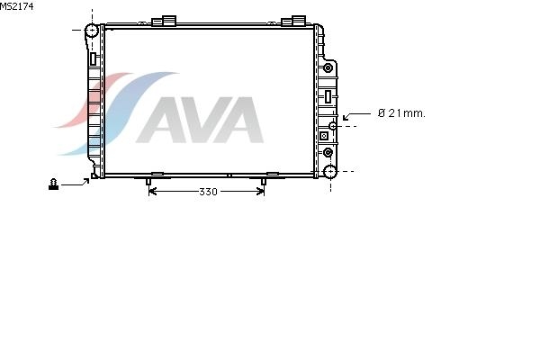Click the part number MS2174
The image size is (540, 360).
point(16,6)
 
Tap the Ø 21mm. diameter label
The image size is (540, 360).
point(401,113)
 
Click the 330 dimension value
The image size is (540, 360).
point(208,192)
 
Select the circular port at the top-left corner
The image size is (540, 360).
point(92,31)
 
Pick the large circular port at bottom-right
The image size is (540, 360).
point(330,171)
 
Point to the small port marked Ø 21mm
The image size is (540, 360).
point(333,126)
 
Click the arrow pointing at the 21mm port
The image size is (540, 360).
point(356,116)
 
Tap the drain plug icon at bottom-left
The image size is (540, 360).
point(53,184)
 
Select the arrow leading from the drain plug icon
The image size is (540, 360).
point(76,183)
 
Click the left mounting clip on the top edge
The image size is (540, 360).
point(165,21)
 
